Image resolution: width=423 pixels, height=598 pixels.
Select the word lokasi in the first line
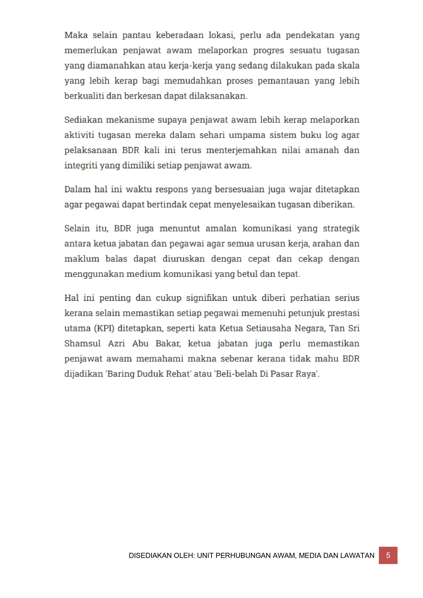[x=222, y=35]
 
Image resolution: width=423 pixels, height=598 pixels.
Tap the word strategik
[x=341, y=228]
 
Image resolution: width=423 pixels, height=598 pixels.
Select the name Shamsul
[x=82, y=343]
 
